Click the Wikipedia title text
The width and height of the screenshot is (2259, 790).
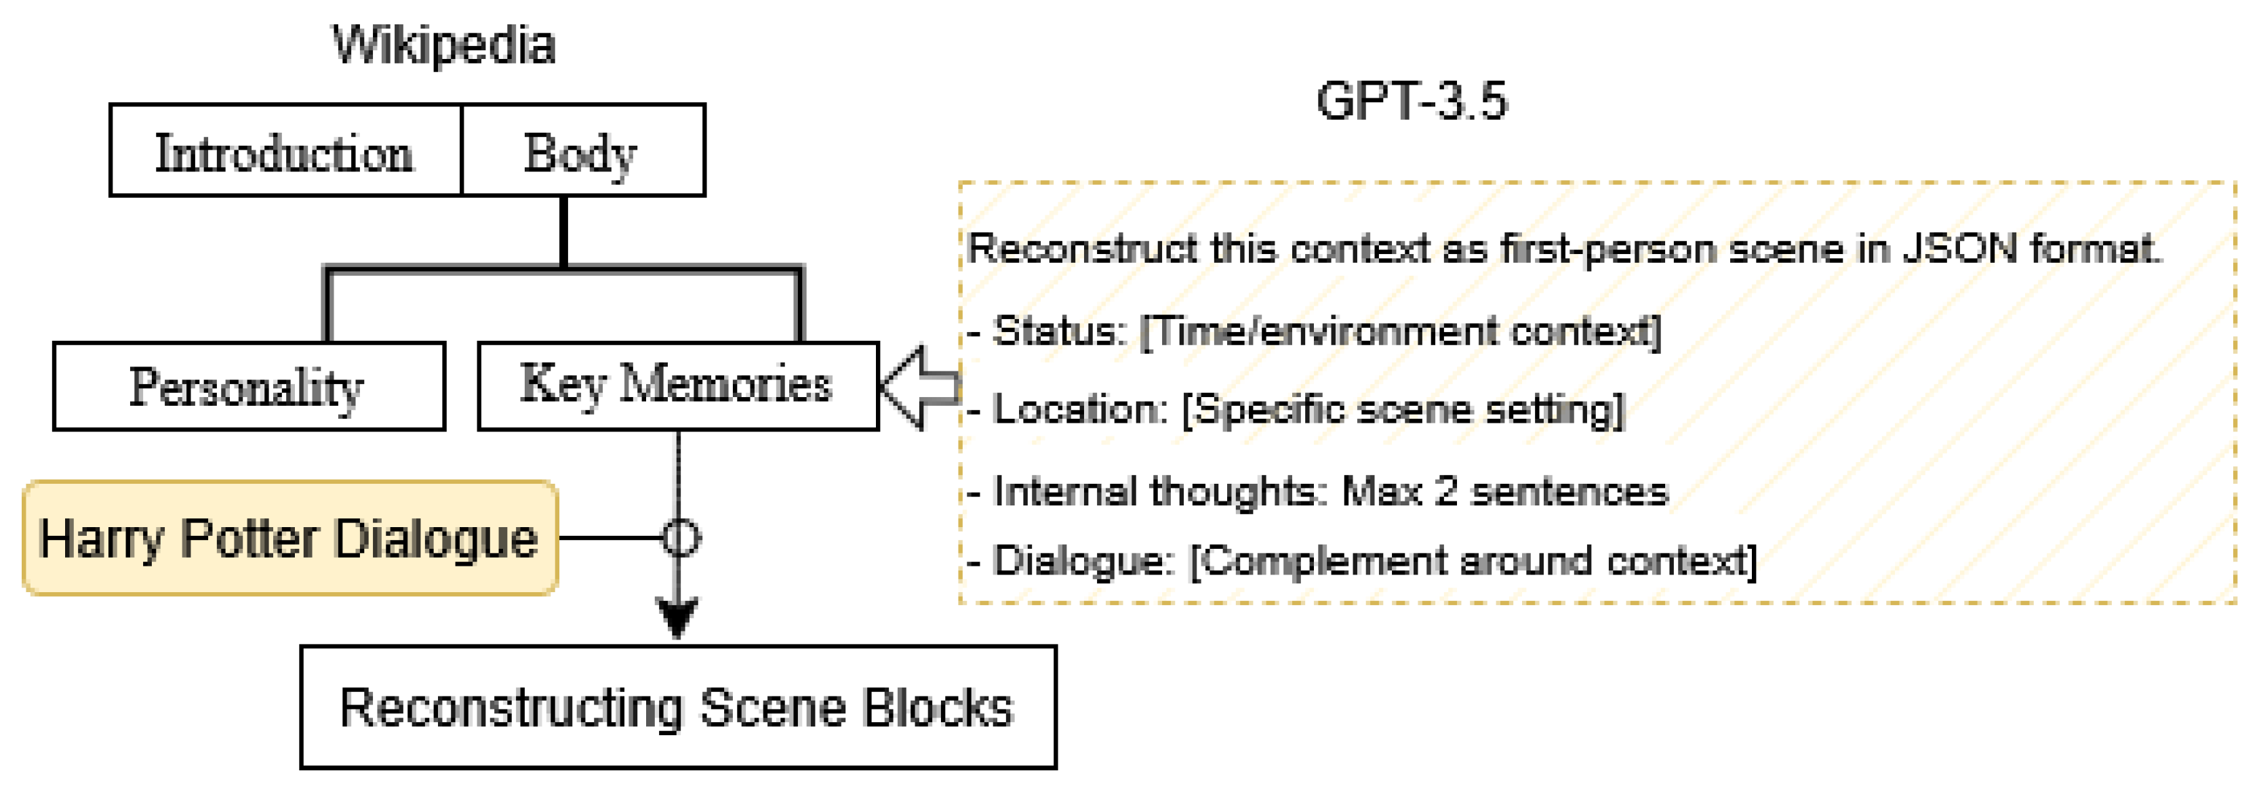click(x=443, y=45)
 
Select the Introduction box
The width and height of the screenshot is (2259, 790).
click(x=285, y=151)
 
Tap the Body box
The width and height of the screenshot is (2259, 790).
click(x=582, y=151)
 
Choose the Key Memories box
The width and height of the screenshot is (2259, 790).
click(x=677, y=386)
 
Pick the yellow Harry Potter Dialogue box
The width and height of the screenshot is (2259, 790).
click(x=289, y=537)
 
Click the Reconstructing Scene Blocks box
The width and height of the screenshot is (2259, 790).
click(x=677, y=707)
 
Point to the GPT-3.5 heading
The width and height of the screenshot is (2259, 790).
click(x=1411, y=101)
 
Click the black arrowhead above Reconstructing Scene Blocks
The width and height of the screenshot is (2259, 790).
click(x=677, y=617)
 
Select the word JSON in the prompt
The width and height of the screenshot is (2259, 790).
click(x=1959, y=249)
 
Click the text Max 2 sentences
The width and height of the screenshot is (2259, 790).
click(x=1504, y=491)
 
